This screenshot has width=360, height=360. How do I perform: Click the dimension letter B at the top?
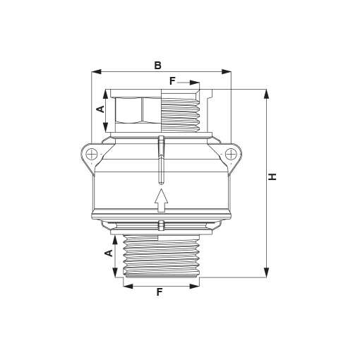tap(158, 66)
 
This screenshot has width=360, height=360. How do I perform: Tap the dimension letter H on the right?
tap(272, 176)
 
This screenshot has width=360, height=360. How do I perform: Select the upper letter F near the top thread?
tap(172, 81)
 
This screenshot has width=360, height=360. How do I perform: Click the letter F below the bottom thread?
tap(160, 292)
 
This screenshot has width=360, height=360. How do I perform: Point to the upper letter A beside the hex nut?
tap(101, 109)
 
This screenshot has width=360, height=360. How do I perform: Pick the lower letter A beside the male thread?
tap(108, 253)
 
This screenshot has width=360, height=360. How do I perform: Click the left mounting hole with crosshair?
tap(92, 155)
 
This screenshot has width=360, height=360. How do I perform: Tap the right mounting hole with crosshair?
tap(230, 155)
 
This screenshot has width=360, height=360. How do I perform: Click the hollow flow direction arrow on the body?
tap(161, 200)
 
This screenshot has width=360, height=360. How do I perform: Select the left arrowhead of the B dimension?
tap(96, 72)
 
